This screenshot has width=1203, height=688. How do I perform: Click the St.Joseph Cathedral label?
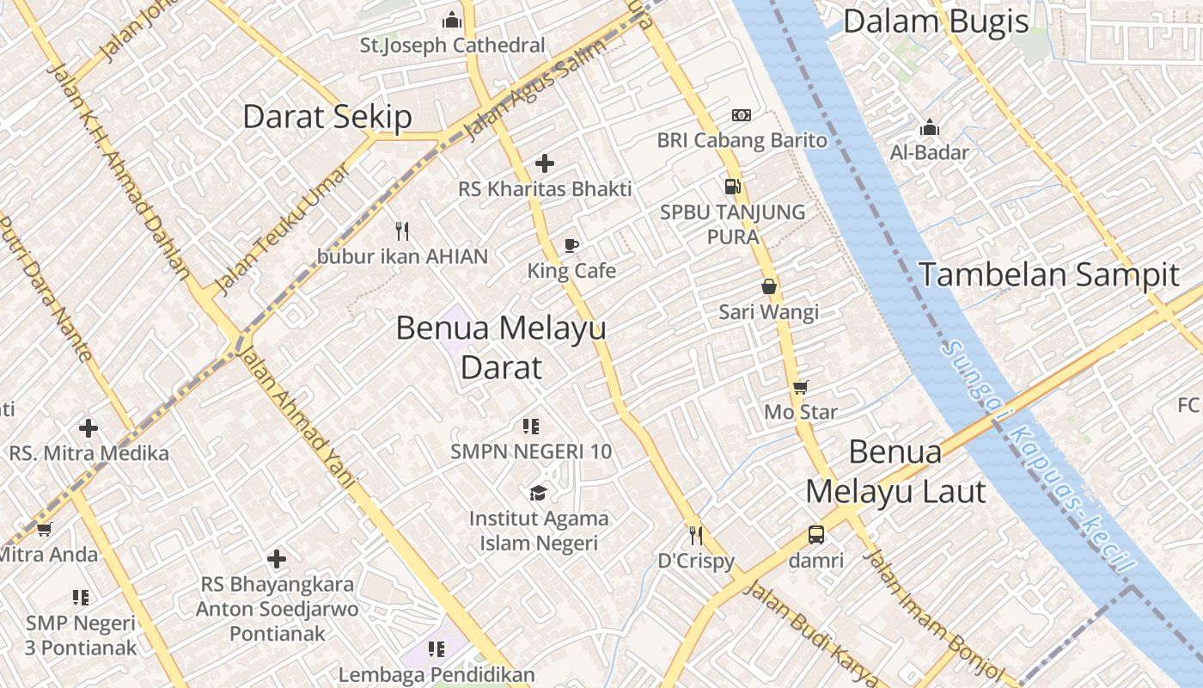click(452, 45)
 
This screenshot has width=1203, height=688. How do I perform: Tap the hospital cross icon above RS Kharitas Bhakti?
click(544, 163)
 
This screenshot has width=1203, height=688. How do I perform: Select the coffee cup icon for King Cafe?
click(571, 246)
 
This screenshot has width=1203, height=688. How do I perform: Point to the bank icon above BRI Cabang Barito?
click(741, 115)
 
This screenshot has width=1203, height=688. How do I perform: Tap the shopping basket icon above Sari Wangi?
click(769, 286)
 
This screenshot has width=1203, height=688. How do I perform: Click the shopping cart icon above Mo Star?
click(800, 388)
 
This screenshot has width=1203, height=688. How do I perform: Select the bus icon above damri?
click(816, 535)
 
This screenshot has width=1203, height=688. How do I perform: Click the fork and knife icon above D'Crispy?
click(696, 535)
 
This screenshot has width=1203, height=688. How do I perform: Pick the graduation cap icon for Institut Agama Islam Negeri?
click(538, 493)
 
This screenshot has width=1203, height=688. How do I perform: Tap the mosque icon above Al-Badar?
click(929, 128)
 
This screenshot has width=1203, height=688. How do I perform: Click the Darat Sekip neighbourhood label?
click(327, 117)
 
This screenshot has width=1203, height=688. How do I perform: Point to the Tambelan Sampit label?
click(1049, 275)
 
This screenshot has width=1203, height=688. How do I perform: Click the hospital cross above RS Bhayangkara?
click(276, 560)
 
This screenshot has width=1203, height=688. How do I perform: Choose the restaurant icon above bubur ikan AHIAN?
click(401, 230)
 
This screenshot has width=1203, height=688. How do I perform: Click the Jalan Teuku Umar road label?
click(281, 227)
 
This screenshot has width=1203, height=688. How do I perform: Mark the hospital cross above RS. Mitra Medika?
click(88, 427)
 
